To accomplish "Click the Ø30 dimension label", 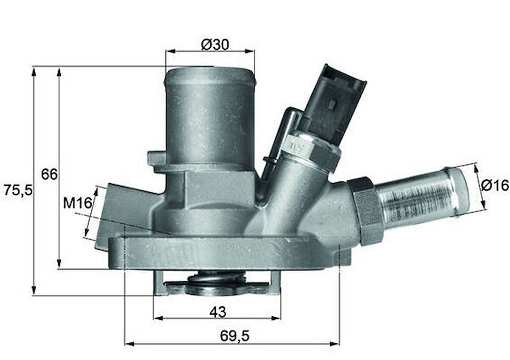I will (215, 44).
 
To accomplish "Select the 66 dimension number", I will (49, 174).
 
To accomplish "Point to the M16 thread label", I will (78, 203).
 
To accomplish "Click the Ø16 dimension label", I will (495, 185).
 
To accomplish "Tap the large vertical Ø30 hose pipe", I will (210, 117).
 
